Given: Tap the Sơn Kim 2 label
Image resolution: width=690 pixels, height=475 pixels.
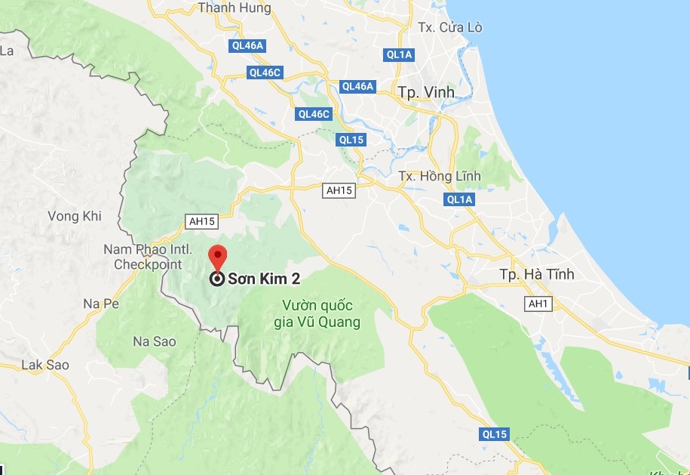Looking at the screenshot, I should tap(265, 279).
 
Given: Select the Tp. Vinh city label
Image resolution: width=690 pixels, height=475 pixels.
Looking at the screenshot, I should tap(427, 92).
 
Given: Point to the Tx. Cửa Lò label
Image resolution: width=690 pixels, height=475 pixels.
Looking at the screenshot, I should tap(450, 28).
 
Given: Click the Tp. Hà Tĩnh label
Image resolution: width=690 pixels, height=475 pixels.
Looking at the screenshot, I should tap(536, 274).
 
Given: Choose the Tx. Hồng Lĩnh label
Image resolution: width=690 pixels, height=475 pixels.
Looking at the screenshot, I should tap(440, 176).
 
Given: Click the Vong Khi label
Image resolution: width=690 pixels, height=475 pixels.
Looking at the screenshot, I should tap(74, 216).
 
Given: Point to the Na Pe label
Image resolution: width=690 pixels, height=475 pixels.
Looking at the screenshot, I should tap(102, 304).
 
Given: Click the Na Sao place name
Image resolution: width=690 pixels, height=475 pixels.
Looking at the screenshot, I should tap(155, 341).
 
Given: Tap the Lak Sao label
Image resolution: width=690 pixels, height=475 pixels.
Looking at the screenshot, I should tap(45, 365).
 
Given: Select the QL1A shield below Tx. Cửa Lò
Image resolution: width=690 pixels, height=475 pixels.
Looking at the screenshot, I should tap(399, 54).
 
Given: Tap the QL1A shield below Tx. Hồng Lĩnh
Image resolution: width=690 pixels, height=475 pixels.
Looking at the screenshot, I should tap(459, 199).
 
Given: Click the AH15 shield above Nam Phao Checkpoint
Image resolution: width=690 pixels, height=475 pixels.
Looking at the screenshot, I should tap(201, 221).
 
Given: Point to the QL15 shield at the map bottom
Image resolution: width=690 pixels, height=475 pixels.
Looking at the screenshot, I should tap(494, 434).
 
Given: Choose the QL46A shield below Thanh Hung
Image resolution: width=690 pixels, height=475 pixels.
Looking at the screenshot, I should tap(247, 45).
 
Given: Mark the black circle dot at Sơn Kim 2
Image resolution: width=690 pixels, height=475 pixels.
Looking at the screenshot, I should tap(217, 279).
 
